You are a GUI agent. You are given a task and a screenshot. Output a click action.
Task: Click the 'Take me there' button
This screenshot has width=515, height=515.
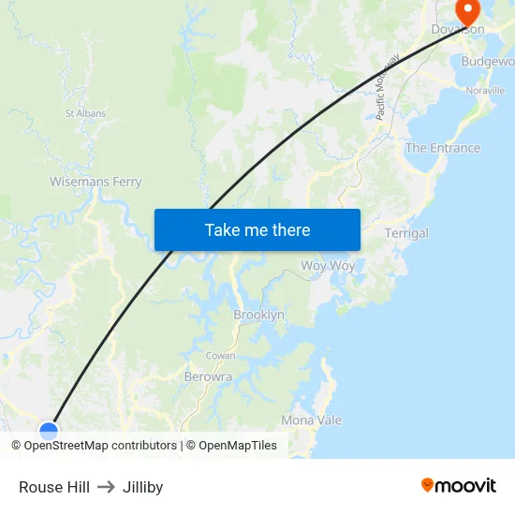[x=257, y=229]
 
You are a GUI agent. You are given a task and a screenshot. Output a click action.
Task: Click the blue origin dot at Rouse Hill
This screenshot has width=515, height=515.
[x=49, y=430]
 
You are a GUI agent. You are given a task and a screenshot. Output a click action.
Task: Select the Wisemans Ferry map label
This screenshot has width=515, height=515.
[x=96, y=182]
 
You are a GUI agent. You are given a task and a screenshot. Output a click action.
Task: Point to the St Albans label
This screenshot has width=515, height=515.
[x=85, y=113]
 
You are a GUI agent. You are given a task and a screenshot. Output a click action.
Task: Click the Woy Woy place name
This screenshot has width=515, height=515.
[x=328, y=266]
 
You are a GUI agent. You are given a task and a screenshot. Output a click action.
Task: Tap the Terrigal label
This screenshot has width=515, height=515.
[x=406, y=233]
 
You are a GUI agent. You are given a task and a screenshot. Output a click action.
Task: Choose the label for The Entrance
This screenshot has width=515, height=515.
[x=442, y=148]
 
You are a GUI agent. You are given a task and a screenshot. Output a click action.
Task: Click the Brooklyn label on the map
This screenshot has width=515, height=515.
[x=258, y=316]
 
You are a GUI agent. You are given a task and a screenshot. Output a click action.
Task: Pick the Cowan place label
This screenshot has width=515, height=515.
[x=221, y=356]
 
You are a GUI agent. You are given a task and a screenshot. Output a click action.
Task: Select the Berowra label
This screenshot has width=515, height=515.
[x=208, y=376]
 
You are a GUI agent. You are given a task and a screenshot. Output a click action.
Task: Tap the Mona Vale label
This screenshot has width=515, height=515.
[x=312, y=420]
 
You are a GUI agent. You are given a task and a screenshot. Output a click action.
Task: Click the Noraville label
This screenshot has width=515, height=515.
[x=485, y=91]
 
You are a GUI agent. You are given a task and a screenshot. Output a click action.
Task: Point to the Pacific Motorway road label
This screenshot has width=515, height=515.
[x=388, y=86]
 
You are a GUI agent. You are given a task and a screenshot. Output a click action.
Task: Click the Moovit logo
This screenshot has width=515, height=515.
[x=459, y=485]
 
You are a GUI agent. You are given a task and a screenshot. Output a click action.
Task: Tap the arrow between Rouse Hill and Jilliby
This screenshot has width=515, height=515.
[x=106, y=487]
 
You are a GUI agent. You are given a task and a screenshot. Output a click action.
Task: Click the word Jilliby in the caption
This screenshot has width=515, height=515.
[x=142, y=487]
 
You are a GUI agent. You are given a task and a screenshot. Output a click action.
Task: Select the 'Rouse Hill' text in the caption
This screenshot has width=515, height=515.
[x=54, y=487]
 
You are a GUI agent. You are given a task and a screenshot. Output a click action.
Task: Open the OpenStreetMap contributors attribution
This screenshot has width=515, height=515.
[x=100, y=446]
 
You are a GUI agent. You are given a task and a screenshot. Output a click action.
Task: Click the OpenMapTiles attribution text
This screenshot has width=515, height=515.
[x=237, y=446]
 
